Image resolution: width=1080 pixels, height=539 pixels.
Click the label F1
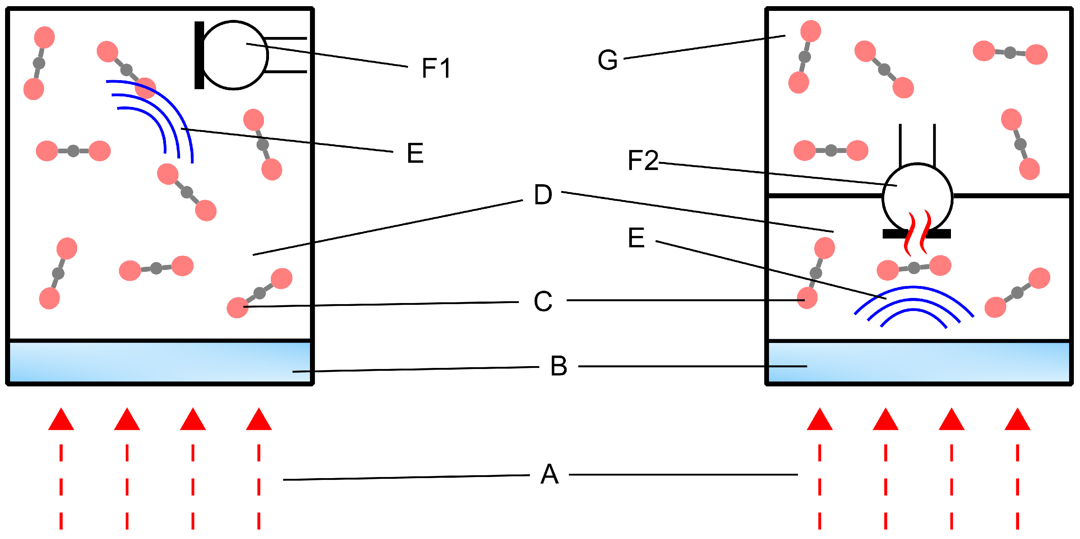point(436,68)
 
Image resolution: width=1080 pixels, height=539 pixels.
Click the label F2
point(643,160)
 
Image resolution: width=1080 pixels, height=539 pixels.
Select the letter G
point(608,60)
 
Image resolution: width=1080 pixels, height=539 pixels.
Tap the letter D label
point(543,195)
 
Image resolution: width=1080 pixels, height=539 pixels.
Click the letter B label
point(558,366)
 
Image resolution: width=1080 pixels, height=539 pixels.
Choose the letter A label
point(549,474)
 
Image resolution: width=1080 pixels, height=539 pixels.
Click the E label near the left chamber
point(415,153)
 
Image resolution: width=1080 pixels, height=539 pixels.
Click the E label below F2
point(636,238)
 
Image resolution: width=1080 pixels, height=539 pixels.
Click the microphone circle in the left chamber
point(234,55)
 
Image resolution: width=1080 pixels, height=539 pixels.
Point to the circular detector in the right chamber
point(917,197)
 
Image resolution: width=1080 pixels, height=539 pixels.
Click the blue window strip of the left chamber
point(159,362)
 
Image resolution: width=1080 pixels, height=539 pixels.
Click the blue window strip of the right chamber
point(918,362)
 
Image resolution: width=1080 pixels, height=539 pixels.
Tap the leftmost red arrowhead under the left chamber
point(61,420)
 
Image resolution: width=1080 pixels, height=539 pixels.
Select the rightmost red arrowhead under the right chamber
point(1018,420)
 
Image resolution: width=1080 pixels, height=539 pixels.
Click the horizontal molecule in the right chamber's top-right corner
point(1010,53)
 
